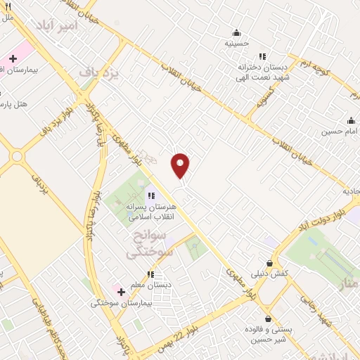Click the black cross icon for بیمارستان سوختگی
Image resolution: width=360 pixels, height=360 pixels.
coord(121,291)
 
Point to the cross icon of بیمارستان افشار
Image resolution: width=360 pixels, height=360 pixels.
coord(13,58)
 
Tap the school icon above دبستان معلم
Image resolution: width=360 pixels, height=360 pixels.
coord(150,274)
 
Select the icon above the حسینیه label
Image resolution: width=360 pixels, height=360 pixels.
coord(236,32)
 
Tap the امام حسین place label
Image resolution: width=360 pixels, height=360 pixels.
coord(341,131)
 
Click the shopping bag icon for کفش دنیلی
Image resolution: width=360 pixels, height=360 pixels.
coord(268,263)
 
